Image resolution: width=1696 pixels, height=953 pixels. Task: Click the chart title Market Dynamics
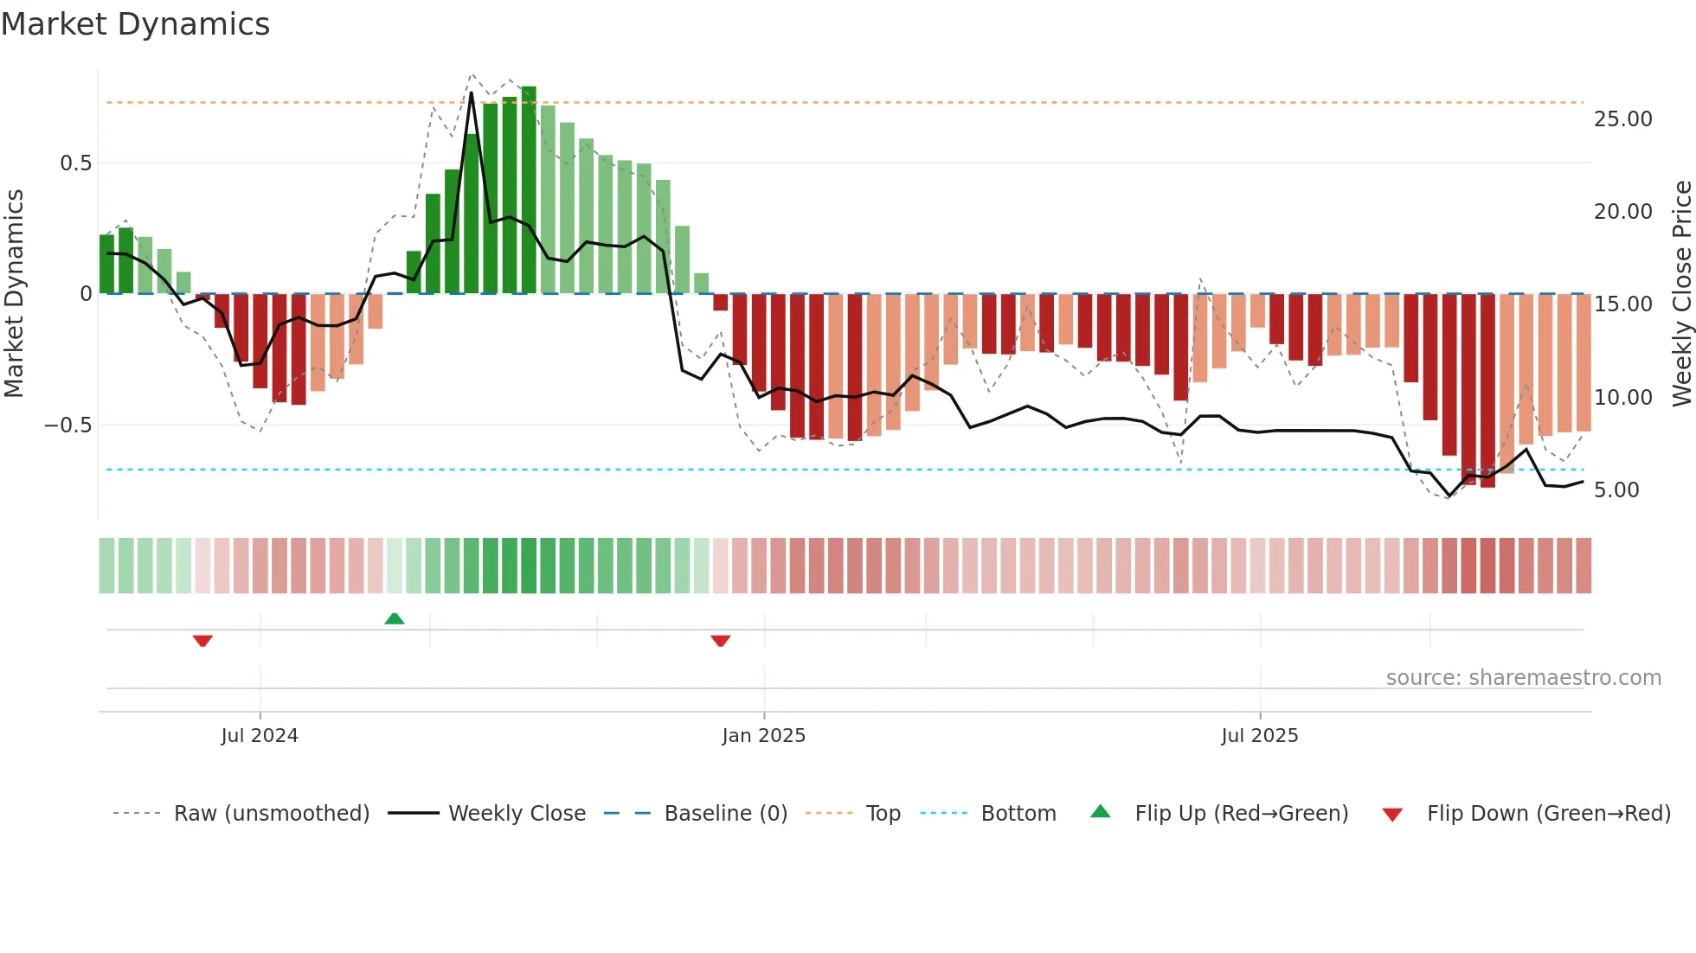coord(135,24)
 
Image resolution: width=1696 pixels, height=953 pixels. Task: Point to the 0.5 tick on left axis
coord(75,163)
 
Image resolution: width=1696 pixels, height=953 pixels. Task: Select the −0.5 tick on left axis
coord(67,425)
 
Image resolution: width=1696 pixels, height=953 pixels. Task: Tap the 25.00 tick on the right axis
coord(1622,119)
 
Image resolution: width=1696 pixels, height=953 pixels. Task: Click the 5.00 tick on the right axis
coord(1616,490)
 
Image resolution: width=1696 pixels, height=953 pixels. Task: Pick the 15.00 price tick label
coord(1622,304)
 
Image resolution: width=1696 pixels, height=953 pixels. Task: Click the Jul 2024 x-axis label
coord(259,736)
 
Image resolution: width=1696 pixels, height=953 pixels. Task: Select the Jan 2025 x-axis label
coord(763,736)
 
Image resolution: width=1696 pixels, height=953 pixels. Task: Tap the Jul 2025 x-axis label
coord(1259,736)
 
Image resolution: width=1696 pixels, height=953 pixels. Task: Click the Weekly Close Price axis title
coord(1681,294)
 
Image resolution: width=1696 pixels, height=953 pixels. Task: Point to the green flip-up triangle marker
coord(395,618)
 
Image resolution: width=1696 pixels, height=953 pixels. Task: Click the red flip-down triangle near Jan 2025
coord(721,641)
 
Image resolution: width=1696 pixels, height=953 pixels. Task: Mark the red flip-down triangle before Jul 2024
coord(202,641)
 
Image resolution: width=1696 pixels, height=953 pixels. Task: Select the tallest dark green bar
coord(529,190)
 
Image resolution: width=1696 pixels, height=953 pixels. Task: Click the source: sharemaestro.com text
coord(1523,678)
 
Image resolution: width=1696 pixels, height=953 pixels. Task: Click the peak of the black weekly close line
coord(472,93)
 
